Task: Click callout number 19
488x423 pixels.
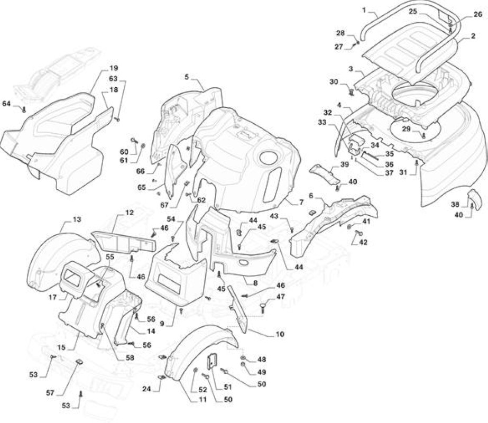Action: click(x=114, y=68)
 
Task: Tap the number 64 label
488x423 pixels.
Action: click(x=6, y=103)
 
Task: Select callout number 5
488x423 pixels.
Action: click(x=187, y=77)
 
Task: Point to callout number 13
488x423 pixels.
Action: click(x=77, y=219)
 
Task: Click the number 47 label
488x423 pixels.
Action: click(x=281, y=297)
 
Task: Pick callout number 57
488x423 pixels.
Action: click(x=50, y=393)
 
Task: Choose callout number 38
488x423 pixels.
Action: click(x=455, y=204)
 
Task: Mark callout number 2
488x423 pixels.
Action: click(x=473, y=36)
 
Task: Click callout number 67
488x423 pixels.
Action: click(x=164, y=205)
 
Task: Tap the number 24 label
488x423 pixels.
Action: click(x=147, y=389)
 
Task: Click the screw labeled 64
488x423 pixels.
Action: click(x=24, y=109)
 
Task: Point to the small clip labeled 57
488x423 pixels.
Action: click(x=79, y=362)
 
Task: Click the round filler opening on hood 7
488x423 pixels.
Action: click(x=269, y=158)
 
